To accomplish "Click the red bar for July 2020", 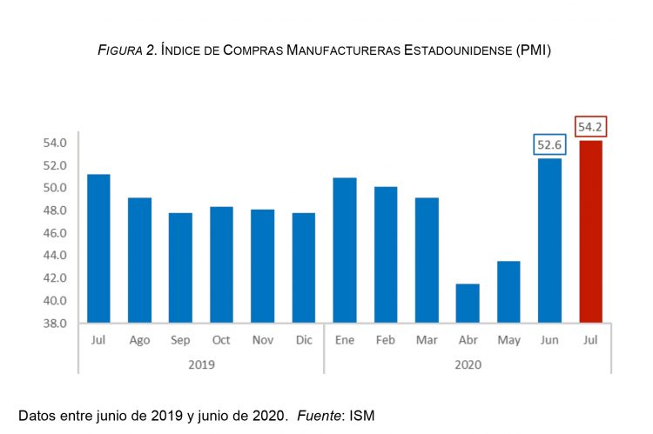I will [590, 232].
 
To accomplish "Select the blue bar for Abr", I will [468, 304].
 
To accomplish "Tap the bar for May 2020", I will [508, 292].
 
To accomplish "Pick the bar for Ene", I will [345, 250].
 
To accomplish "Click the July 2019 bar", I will [98, 249].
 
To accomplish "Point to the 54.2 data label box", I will [590, 127].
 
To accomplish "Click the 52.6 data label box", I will [549, 145].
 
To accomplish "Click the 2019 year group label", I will [201, 364].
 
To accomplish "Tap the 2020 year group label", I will [468, 364].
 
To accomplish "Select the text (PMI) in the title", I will [533, 50].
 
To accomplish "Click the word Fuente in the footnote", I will [319, 415].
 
